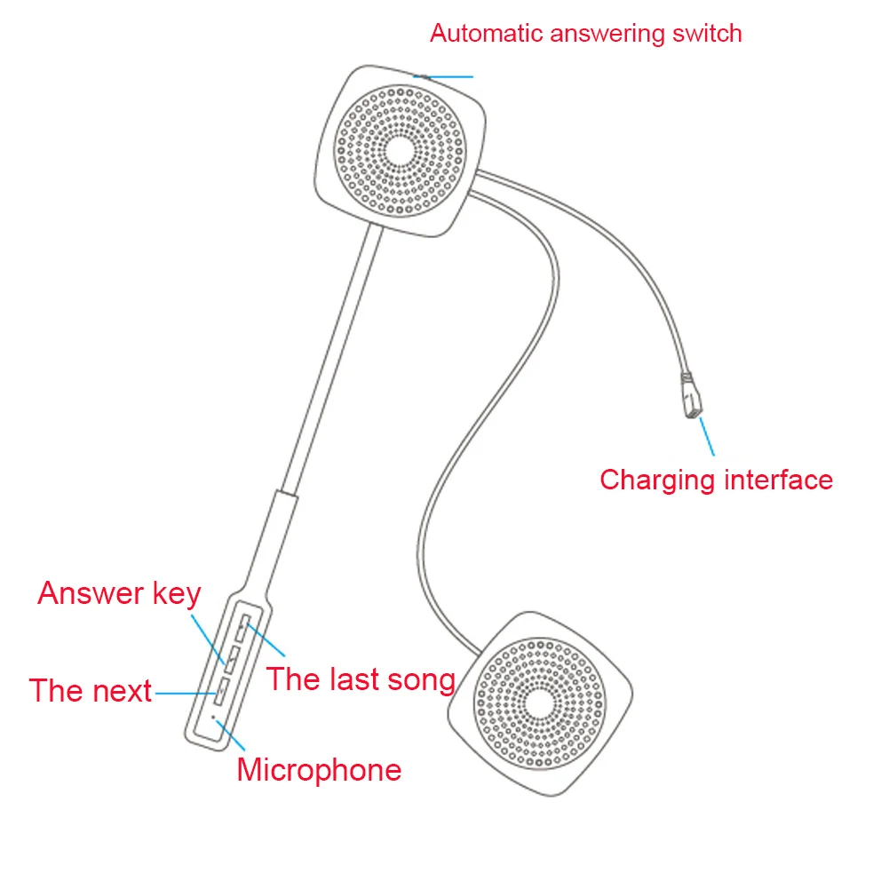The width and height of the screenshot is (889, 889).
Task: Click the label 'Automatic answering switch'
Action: coord(585,34)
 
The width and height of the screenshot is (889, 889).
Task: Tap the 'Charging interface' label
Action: coord(716,480)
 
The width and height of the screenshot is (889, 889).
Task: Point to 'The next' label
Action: coord(91,691)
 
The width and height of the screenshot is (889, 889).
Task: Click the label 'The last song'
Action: coord(361,679)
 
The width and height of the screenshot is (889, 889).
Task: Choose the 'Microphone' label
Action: coord(319,770)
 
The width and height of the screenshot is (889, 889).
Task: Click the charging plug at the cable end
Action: coord(692,395)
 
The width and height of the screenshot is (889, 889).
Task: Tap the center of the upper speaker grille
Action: coord(401,151)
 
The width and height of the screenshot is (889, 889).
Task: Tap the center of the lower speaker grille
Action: coord(540,703)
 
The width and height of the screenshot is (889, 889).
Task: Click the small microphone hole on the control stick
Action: coord(213,718)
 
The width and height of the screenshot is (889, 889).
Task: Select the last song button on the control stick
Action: coord(243,628)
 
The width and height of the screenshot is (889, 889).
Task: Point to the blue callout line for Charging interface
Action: coord(707,437)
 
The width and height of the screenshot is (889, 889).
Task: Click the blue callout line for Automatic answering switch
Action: coord(443,76)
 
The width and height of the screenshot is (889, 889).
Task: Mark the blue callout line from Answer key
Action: coord(209,639)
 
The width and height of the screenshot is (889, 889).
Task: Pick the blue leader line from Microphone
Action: coord(230,735)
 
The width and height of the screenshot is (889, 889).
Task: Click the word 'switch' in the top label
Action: coord(707,34)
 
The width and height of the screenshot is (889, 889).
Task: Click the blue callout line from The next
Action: coord(186,693)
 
